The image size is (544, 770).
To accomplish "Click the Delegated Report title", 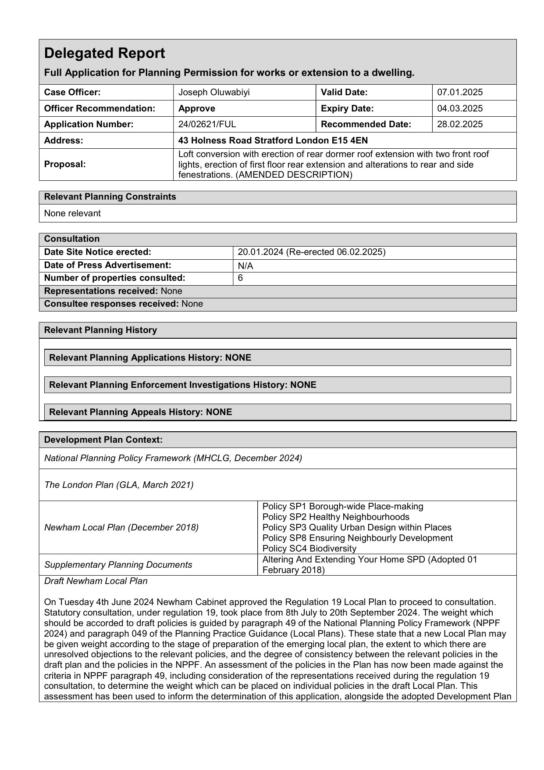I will [x=105, y=54].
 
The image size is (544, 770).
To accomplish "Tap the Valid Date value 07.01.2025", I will [x=460, y=92].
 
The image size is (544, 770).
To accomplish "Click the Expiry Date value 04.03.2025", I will [x=460, y=108].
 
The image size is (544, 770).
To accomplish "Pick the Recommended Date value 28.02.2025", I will [x=460, y=124].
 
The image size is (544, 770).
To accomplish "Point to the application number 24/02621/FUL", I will [x=207, y=124].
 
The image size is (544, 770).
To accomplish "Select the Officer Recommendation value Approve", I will [x=197, y=108].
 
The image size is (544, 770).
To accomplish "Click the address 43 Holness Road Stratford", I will [x=273, y=140].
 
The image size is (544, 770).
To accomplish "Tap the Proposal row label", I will [x=65, y=164].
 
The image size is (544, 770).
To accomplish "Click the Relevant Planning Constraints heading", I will [x=110, y=197].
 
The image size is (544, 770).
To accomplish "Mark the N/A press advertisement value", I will [x=245, y=266].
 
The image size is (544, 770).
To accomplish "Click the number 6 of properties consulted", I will [x=240, y=278].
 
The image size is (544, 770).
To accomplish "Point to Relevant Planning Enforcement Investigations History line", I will [x=182, y=385].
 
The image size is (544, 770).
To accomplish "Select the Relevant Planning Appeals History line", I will [x=140, y=412].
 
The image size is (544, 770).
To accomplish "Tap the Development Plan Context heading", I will [x=103, y=440].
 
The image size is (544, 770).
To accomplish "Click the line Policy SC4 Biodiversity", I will [x=309, y=548].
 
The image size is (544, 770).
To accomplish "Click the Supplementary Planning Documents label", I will [x=118, y=565].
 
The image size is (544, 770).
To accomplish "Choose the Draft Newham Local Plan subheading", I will [x=96, y=581].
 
